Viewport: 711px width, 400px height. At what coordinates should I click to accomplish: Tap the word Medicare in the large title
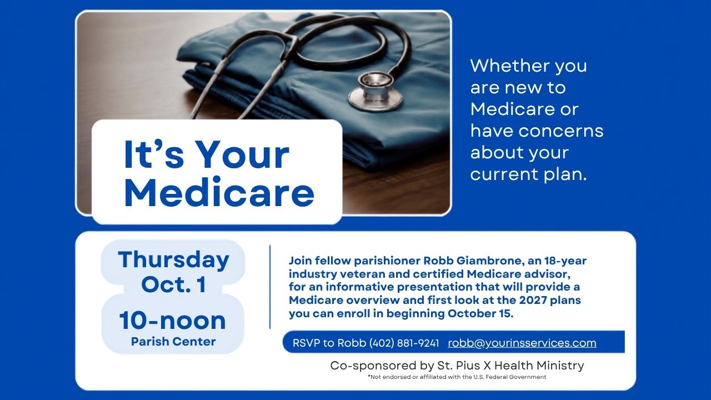coord(219,193)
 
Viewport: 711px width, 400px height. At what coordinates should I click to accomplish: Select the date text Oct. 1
coord(174,284)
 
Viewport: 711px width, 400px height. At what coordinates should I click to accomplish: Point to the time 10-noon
coord(173,321)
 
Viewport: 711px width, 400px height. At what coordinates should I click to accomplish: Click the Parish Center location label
coord(173,342)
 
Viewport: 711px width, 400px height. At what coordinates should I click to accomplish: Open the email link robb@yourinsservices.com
coord(522,343)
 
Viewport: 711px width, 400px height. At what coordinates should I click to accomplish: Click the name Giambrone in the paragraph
coord(489,261)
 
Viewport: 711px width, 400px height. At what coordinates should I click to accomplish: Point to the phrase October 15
coord(480,314)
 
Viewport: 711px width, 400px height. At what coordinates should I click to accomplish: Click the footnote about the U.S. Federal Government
coord(457,377)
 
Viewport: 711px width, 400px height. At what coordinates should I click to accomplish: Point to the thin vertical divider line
coord(270,287)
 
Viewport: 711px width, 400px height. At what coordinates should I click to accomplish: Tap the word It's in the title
coord(154,154)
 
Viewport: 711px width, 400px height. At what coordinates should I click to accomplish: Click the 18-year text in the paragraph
coord(565,261)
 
